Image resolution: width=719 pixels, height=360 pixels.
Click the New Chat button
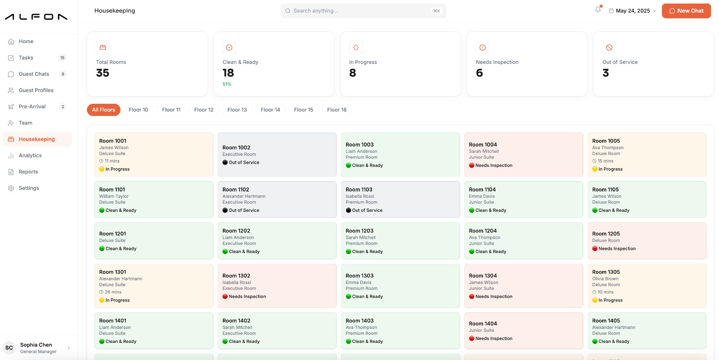point(686,11)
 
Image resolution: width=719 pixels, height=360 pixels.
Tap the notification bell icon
point(598,9)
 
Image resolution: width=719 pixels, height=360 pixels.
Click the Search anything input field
point(363,11)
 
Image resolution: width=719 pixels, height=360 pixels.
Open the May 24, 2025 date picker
point(632,11)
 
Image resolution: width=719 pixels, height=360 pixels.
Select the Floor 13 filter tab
point(237,110)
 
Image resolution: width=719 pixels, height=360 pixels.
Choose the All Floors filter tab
point(103,110)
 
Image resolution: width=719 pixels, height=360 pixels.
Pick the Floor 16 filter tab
point(337,110)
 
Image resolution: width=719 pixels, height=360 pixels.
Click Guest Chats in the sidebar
point(34,74)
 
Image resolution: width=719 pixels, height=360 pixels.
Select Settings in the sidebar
point(29,188)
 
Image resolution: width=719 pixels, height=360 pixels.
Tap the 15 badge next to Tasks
point(62,58)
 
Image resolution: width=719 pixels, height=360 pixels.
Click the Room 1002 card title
point(236,148)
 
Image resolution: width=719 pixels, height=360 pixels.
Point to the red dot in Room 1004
point(471,165)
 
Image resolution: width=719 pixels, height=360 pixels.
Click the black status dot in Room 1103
point(348,210)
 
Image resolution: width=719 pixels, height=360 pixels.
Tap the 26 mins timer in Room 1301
point(110,292)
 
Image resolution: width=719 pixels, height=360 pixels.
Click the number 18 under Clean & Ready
point(228,73)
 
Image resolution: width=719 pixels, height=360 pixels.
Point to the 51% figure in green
point(226,84)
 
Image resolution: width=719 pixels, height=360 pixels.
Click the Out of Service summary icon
point(609,48)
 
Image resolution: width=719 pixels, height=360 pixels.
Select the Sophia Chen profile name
point(36,345)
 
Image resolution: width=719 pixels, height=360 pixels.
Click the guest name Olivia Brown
point(605,279)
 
